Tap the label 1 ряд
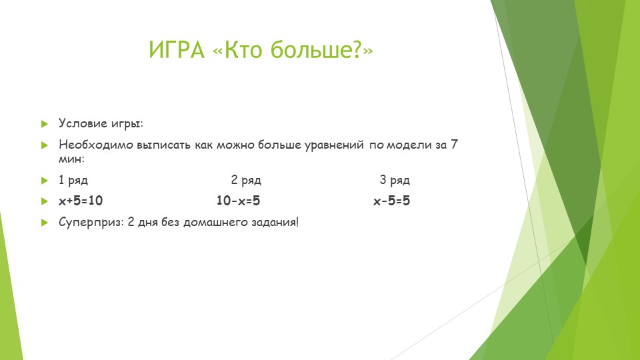[x=73, y=180]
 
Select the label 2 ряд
[x=246, y=180]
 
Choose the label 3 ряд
[x=395, y=180]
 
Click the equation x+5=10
[x=81, y=201]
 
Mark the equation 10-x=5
[x=238, y=201]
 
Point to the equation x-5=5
[x=391, y=201]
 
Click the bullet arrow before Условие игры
[x=45, y=124]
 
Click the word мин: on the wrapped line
[x=72, y=160]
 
